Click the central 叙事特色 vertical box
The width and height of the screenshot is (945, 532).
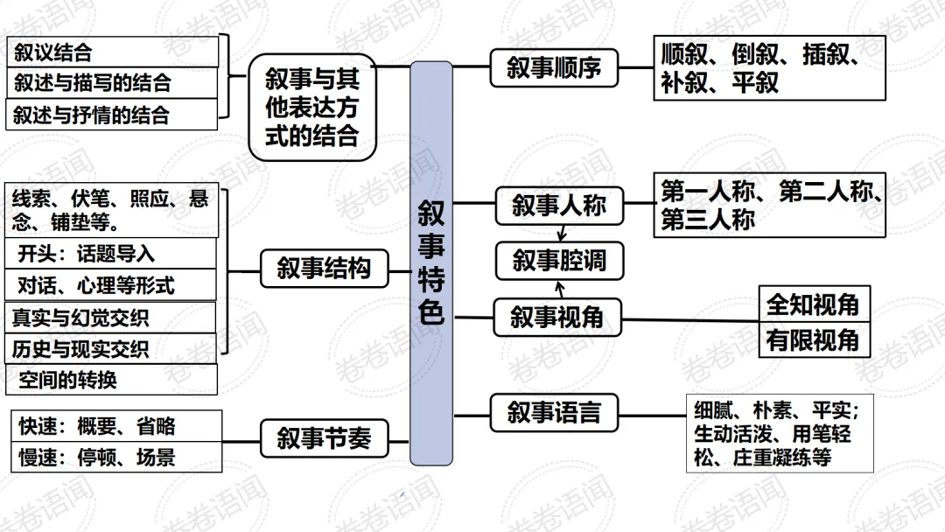coord(431,262)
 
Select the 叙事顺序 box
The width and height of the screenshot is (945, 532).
coord(554,67)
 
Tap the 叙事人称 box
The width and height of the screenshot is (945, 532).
coord(559,206)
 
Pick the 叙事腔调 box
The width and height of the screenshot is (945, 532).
coord(559,261)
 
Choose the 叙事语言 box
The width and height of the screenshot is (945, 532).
coord(554,412)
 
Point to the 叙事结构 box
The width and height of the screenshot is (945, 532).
coord(324,268)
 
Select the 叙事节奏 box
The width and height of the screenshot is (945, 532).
coord(324,437)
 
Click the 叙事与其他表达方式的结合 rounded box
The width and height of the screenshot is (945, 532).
coord(312,108)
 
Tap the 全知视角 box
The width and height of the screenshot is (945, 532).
coord(814,304)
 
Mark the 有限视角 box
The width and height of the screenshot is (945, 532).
coord(814,339)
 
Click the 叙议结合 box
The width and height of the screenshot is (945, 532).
coord(112,52)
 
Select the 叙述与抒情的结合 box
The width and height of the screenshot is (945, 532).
coord(112,115)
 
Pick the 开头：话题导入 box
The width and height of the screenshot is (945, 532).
coord(112,254)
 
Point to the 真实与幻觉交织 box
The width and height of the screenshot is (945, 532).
coord(112,317)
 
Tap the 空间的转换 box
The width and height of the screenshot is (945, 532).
coord(112,380)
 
